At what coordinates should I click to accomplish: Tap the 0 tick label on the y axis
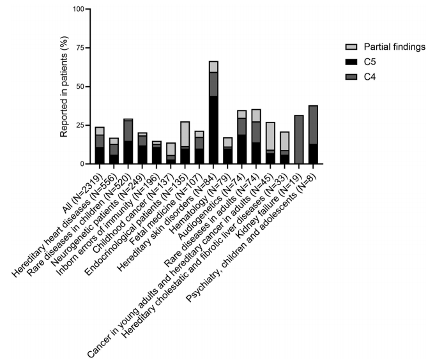click(x=80, y=164)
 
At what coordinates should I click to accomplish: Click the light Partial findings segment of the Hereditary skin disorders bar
click(x=213, y=67)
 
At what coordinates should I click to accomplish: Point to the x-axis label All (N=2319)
click(x=83, y=185)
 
